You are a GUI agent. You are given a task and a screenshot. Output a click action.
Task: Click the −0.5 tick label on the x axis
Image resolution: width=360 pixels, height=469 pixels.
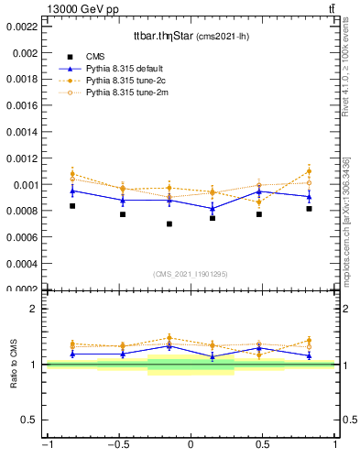point(116,445)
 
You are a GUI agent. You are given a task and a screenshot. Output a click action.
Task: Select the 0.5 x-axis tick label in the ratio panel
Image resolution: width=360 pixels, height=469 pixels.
point(264,445)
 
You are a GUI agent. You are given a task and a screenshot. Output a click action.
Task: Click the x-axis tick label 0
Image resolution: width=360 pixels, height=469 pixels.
point(191,445)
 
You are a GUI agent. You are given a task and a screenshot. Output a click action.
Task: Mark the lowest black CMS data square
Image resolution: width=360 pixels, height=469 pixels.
point(169,224)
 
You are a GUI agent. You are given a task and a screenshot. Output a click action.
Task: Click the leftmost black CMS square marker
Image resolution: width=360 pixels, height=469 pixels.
point(72,206)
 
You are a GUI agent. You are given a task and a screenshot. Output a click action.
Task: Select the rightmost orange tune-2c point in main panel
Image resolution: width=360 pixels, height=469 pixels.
point(309,171)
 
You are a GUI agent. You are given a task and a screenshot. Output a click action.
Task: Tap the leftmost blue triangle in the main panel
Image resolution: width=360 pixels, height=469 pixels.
point(72,191)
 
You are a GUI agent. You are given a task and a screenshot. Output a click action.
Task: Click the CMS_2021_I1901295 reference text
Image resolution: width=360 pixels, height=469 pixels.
point(191,274)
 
